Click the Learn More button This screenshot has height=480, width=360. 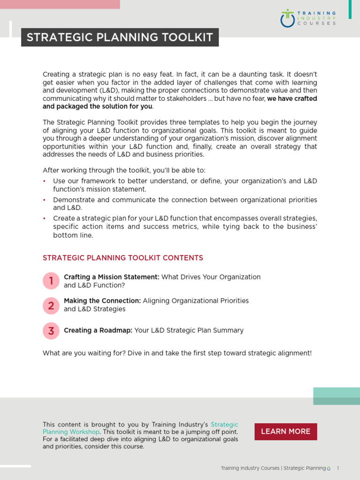285,432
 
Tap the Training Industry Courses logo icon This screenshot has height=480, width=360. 287,18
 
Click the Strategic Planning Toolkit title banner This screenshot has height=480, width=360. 120,37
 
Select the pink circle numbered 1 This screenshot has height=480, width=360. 51,281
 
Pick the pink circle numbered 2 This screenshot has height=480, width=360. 51,306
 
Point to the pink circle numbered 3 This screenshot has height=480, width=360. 51,330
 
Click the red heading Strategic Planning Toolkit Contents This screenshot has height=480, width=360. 123,258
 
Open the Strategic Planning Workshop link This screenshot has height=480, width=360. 71,432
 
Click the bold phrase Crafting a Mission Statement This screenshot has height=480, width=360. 112,277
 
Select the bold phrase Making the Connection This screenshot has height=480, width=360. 102,300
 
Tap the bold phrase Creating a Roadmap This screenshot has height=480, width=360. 98,330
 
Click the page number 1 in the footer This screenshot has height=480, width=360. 338,468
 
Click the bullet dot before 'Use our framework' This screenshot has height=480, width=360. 45,181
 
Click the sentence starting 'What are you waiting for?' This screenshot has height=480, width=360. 177,353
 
